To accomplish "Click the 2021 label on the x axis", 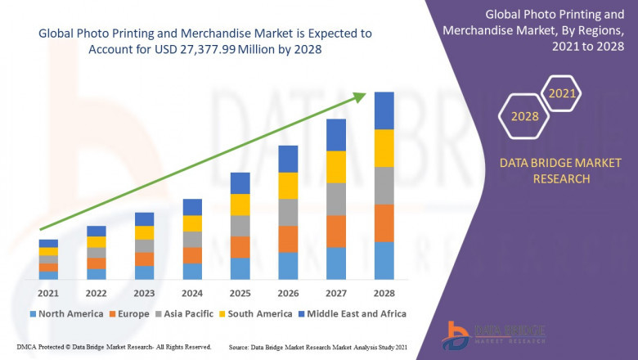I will [x=48, y=293].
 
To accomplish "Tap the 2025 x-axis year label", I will [x=240, y=293].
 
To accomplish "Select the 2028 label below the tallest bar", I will [x=384, y=293].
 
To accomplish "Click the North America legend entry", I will [x=66, y=313].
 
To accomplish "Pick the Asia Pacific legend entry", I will [x=186, y=313].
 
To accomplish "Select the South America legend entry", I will [x=257, y=313].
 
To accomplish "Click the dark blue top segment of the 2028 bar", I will [x=384, y=110].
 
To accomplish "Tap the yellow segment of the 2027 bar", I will [x=335, y=167].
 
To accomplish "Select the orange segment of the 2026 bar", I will [x=288, y=239].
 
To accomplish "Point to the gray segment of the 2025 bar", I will [x=240, y=226].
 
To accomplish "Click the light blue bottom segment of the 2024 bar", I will [x=192, y=272].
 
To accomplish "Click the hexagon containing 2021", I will [x=562, y=93].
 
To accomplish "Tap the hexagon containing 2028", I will [x=524, y=116].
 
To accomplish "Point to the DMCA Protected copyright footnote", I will [x=107, y=348].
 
